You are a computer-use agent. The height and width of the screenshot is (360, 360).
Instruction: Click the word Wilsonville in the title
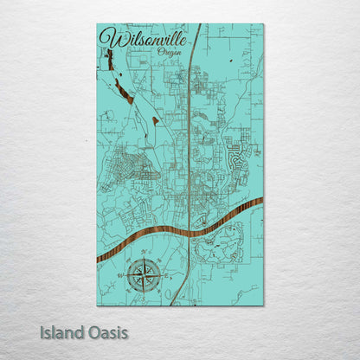(138, 38)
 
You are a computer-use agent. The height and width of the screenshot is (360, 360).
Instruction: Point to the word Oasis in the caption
(107, 332)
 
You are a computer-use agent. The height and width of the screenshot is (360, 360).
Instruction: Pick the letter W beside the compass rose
(119, 277)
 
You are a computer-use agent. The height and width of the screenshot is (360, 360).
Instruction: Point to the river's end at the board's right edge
(261, 201)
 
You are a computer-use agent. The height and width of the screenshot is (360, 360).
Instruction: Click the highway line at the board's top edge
(202, 25)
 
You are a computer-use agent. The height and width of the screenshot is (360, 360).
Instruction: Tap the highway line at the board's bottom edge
(172, 304)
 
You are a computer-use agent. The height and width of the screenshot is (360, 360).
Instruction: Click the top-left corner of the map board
(98, 25)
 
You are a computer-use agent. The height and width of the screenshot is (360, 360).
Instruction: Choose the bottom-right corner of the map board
(263, 305)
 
